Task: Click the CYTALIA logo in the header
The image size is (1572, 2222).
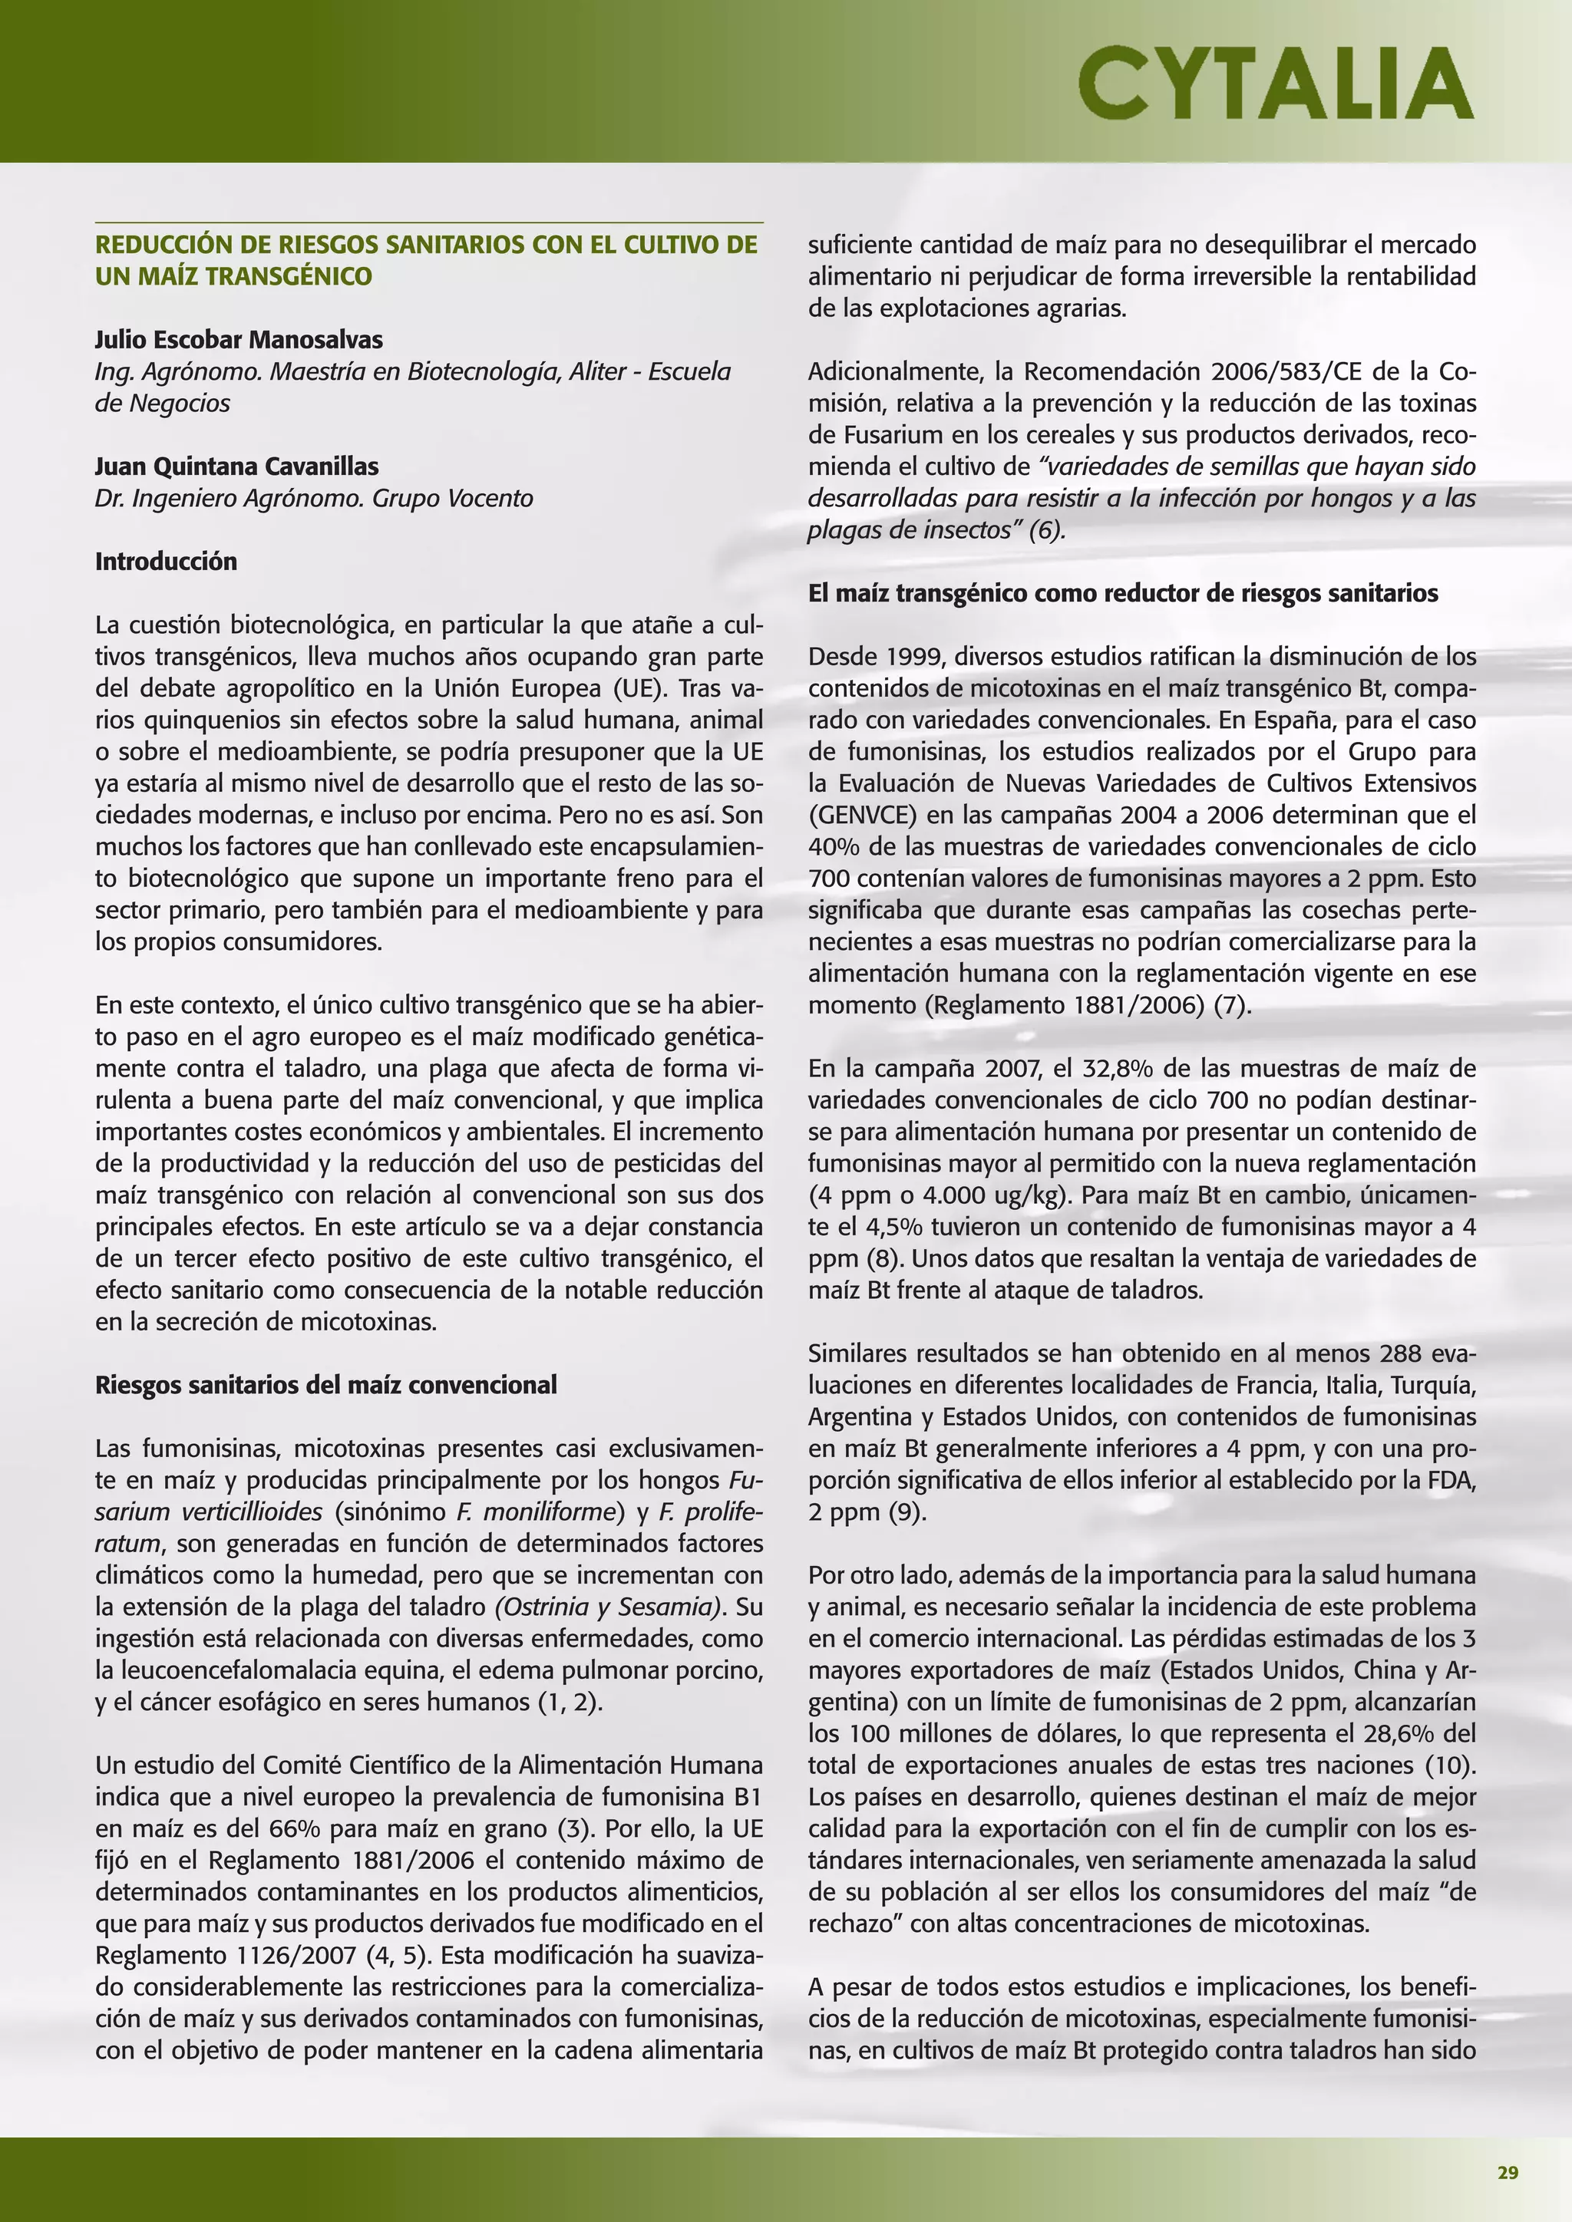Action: coord(1275,83)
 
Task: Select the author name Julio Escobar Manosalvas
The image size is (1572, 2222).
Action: coord(238,340)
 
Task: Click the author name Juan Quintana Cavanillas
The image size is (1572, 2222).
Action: coord(236,466)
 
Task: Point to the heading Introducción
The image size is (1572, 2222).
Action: coord(166,562)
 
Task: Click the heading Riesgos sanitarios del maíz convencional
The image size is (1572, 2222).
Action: coord(325,1385)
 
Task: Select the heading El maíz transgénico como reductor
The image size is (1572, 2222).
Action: coord(1122,593)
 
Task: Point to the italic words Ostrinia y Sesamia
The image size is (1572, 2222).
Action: coord(609,1607)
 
